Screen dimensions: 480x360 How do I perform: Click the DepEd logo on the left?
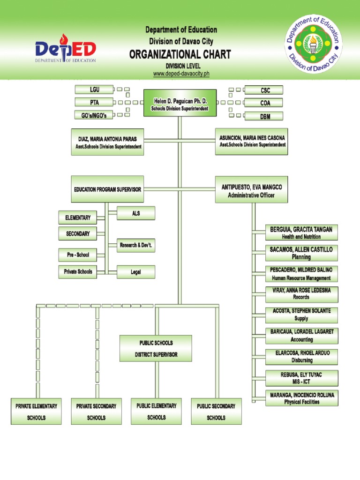(x=66, y=51)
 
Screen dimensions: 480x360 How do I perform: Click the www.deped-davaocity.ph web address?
(x=180, y=74)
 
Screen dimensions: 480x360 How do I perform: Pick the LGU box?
(x=94, y=90)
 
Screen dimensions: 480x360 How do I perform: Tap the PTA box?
(x=94, y=102)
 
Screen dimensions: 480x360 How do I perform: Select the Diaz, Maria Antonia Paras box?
(x=108, y=142)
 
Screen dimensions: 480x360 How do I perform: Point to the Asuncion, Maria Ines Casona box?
(x=252, y=141)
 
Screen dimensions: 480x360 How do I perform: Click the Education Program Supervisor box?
(x=107, y=189)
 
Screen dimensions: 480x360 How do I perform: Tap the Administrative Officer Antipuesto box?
(x=252, y=190)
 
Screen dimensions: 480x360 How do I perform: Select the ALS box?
(x=136, y=213)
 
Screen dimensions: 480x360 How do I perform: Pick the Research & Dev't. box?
(x=136, y=245)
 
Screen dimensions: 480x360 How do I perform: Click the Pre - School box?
(x=78, y=255)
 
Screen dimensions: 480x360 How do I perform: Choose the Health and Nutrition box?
(x=301, y=232)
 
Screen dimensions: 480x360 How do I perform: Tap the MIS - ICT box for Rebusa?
(x=301, y=378)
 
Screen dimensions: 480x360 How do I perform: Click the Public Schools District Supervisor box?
(x=156, y=348)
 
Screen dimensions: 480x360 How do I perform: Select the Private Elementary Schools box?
(x=36, y=411)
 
